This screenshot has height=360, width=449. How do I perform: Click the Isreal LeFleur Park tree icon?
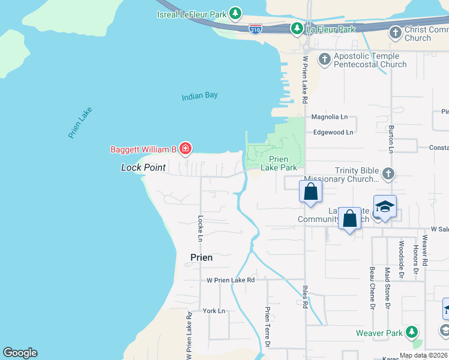pos(236,13)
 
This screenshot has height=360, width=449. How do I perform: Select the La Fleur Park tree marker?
pos(297,28)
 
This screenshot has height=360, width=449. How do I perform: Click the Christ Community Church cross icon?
pos(395,32)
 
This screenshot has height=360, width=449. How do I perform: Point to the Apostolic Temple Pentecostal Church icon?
pos(324,59)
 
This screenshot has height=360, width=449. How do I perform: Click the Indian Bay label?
pos(200,95)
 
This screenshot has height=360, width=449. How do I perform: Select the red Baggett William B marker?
pos(185,149)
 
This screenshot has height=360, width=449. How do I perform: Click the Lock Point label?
pos(143,167)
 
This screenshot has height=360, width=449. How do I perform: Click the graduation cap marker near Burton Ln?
pos(385,207)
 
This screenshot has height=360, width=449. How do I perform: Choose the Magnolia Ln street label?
pos(329,118)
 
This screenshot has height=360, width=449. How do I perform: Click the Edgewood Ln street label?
pos(333,132)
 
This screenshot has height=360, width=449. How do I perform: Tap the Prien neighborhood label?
pos(201,257)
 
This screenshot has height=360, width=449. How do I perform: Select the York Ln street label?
pos(214,311)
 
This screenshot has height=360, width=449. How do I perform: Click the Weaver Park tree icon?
pos(411,332)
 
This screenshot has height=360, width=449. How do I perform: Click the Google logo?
pos(20,353)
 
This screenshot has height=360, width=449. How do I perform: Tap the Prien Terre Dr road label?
pos(268,327)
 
